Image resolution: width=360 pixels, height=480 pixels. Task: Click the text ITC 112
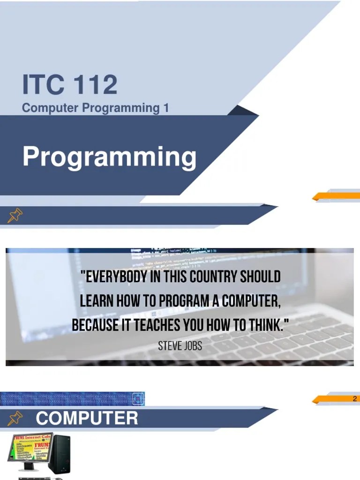(x=70, y=85)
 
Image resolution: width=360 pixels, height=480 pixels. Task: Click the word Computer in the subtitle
(x=51, y=108)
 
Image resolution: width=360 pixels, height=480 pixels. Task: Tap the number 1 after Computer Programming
(x=165, y=108)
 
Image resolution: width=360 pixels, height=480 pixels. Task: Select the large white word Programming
(x=110, y=157)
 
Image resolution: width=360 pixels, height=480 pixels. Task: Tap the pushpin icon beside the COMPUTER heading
(x=15, y=417)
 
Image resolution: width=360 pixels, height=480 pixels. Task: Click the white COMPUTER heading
(x=87, y=418)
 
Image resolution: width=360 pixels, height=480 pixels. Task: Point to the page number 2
(x=355, y=399)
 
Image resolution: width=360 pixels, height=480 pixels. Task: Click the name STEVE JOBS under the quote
(x=180, y=346)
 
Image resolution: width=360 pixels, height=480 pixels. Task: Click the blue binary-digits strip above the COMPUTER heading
(x=72, y=399)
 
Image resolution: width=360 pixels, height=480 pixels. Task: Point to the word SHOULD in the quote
(x=260, y=277)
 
